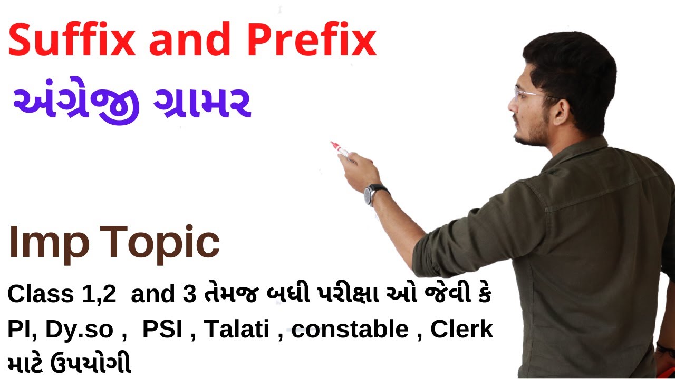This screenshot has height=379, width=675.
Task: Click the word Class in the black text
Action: click(x=41, y=295)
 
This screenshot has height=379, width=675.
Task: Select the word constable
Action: click(x=350, y=330)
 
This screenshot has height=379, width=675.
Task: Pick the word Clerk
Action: click(x=461, y=330)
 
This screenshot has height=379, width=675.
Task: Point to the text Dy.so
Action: click(x=79, y=330)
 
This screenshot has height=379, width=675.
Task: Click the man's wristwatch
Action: click(x=375, y=193)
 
